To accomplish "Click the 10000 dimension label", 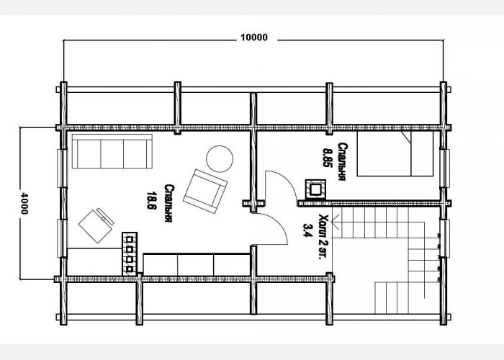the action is click(254, 37).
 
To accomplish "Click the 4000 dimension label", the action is click(24, 204).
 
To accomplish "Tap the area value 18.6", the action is click(151, 201).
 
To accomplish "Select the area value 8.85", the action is click(328, 157).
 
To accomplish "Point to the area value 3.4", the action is click(307, 230).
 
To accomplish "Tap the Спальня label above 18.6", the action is click(168, 203).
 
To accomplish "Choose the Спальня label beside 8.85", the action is click(341, 162).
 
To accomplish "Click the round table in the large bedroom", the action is click(220, 159).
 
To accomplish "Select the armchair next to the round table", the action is click(206, 191).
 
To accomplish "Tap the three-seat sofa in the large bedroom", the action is click(112, 151).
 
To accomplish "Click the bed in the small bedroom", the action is click(395, 153).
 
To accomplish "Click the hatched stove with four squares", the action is click(130, 253).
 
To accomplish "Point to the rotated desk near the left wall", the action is click(96, 226).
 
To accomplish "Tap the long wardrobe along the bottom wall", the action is click(197, 264).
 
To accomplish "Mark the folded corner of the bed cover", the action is click(406, 136).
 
